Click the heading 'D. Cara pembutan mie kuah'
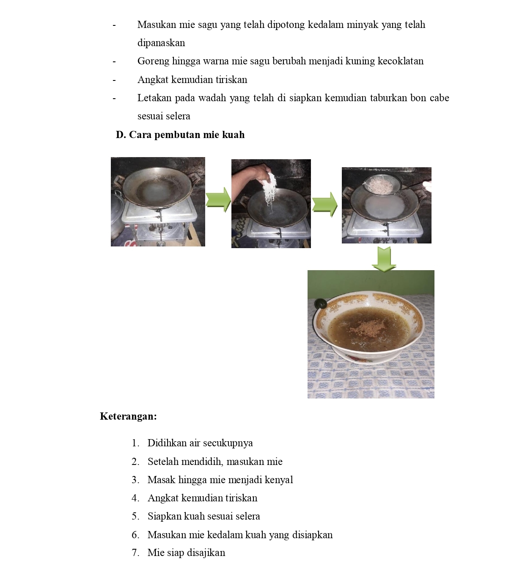pos(180,135)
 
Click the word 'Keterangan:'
pos(128,416)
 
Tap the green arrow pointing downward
pos(384,258)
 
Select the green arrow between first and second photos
pos(218,200)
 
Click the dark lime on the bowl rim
pos(320,304)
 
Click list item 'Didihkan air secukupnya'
pos(200,443)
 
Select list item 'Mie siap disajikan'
pos(186,553)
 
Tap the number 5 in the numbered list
pos(135,516)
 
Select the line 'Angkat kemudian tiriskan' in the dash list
pos(192,80)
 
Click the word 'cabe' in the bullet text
pos(439,98)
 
